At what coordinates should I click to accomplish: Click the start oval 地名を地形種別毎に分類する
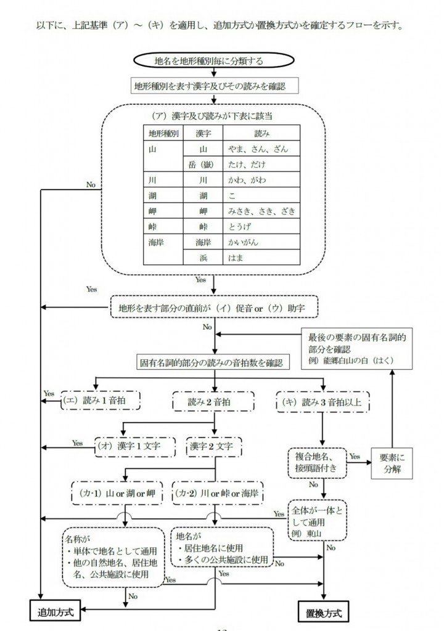point(213,60)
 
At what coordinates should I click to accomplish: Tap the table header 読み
point(261,133)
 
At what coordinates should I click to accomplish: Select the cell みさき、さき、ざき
point(261,211)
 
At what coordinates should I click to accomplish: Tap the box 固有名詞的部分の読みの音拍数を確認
point(213,361)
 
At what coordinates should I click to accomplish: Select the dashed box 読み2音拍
point(213,401)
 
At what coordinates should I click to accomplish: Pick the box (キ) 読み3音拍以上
point(323,402)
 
